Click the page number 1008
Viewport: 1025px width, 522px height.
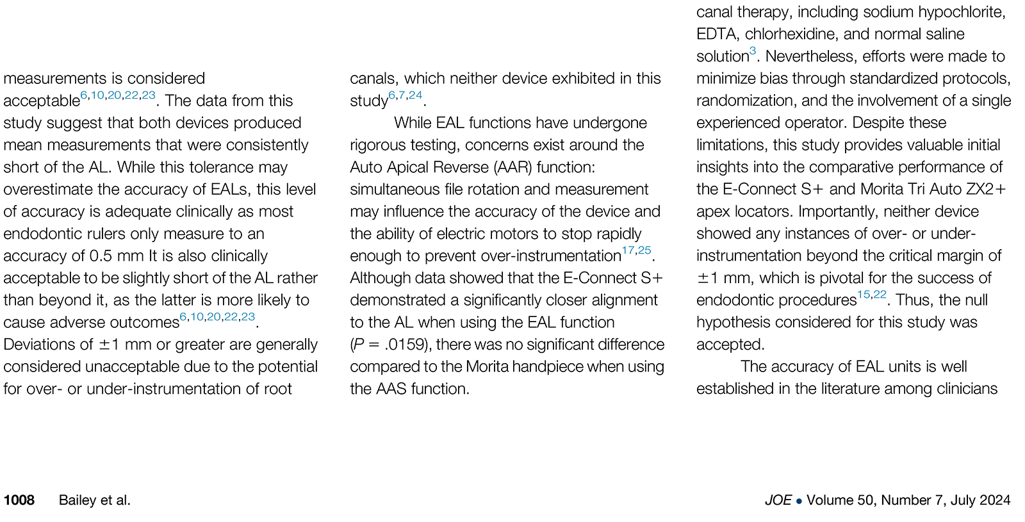(x=19, y=500)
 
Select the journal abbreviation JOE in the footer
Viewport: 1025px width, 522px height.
(x=778, y=500)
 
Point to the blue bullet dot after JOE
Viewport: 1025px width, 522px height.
(x=799, y=501)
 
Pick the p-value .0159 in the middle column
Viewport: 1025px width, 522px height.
(x=405, y=345)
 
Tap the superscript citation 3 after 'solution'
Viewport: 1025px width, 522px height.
(x=753, y=51)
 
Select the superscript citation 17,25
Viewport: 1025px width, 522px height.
(x=636, y=250)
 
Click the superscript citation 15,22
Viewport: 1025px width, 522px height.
(x=872, y=295)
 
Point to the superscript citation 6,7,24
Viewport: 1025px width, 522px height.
(x=406, y=95)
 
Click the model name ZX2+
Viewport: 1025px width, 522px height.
(x=987, y=190)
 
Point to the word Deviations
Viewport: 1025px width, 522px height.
(x=40, y=345)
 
